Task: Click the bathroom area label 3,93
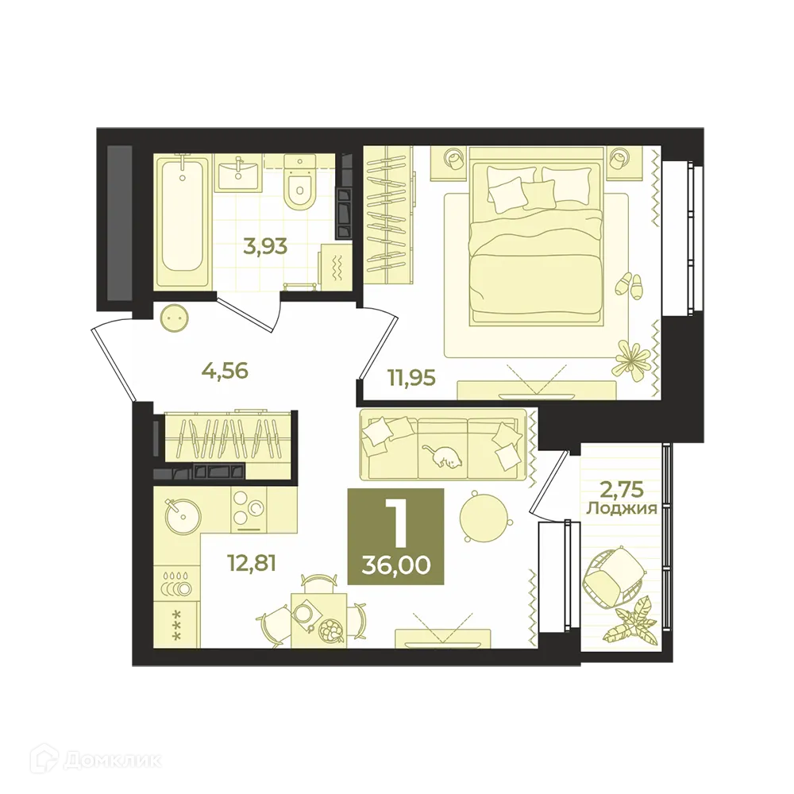pos(264,245)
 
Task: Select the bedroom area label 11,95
pos(411,377)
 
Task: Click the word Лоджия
pos(621,509)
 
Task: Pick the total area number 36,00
pos(395,565)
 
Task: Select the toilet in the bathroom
pos(299,187)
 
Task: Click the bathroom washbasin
pos(237,172)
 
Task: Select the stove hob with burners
pos(249,510)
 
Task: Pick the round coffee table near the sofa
pos(482,517)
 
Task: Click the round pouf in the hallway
pos(174,320)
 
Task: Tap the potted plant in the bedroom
pos(633,357)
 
